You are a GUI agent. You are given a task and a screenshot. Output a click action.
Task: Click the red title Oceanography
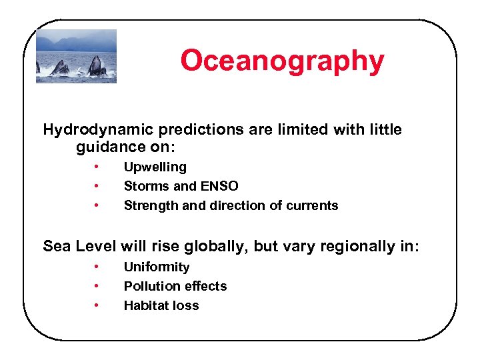point(282,60)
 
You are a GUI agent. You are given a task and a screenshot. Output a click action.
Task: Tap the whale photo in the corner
point(76,56)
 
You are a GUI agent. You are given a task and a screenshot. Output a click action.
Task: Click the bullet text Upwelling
point(155,167)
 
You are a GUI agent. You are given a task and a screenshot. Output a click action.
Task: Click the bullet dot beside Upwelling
point(97,167)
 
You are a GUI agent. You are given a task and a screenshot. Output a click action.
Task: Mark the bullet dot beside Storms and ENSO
point(97,186)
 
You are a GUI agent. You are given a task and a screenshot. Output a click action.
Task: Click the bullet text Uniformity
point(157,267)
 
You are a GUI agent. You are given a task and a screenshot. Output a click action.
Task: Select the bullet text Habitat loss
point(161,305)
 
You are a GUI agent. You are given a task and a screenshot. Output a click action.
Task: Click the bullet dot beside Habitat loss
point(97,305)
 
